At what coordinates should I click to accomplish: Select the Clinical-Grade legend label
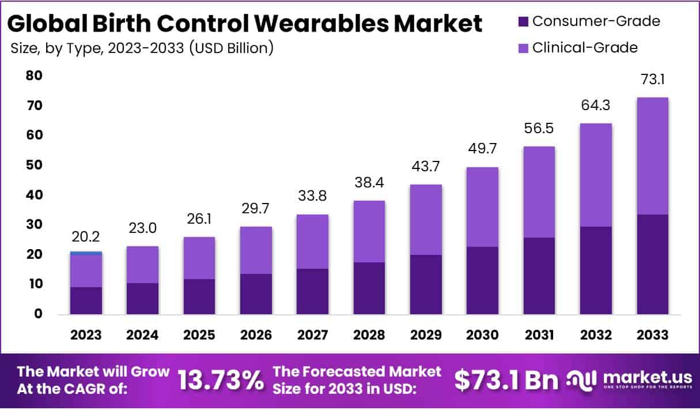pyautogui.click(x=585, y=47)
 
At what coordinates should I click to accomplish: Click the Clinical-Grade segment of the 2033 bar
pyautogui.click(x=653, y=156)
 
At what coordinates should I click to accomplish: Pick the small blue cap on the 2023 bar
pyautogui.click(x=86, y=253)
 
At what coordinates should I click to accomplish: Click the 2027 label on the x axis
pyautogui.click(x=312, y=335)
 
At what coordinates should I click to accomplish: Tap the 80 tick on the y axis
pyautogui.click(x=35, y=76)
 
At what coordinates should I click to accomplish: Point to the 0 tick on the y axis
pyautogui.click(x=38, y=314)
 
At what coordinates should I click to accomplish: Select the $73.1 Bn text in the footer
pyautogui.click(x=506, y=380)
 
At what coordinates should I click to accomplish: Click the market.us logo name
pyautogui.click(x=647, y=377)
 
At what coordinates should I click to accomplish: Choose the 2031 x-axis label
pyautogui.click(x=539, y=335)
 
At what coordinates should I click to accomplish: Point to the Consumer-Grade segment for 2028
pyautogui.click(x=369, y=288)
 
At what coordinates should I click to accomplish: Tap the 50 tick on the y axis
pyautogui.click(x=35, y=165)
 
